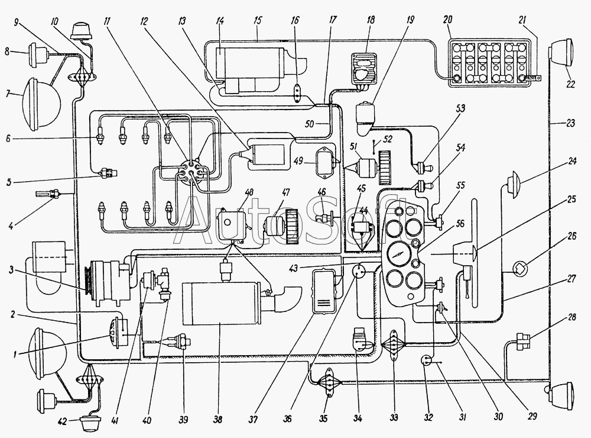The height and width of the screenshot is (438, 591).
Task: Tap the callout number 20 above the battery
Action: [x=447, y=20]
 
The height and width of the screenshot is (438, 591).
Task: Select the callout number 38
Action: [x=217, y=419]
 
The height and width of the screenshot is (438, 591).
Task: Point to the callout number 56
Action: [x=460, y=224]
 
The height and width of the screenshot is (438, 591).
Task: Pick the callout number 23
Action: [x=570, y=123]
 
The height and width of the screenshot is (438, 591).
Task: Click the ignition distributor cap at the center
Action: [x=191, y=173]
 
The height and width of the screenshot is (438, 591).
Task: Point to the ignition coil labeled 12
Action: [x=265, y=155]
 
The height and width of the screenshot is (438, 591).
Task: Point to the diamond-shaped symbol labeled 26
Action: [x=519, y=269]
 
